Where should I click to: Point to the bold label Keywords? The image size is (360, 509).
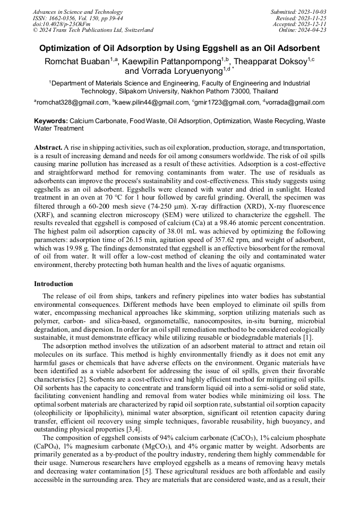click(x=51, y=121)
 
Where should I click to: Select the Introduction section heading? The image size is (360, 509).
click(x=54, y=284)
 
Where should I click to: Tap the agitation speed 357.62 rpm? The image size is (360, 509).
click(x=202, y=239)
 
